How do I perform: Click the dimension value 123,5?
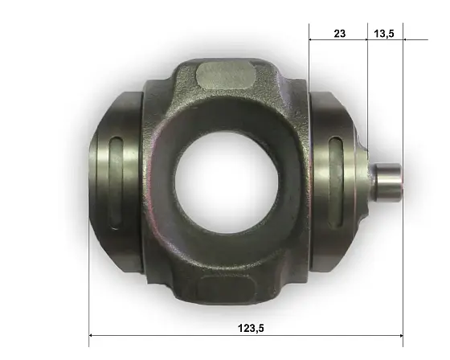[251, 328]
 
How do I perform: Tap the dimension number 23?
[339, 34]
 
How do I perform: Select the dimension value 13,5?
[384, 34]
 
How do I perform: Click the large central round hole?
[227, 182]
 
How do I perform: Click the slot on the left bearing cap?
[116, 182]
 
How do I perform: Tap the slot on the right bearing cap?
[336, 182]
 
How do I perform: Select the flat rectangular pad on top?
[226, 76]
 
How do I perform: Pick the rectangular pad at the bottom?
[227, 288]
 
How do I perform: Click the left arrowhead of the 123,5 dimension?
[92, 335]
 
